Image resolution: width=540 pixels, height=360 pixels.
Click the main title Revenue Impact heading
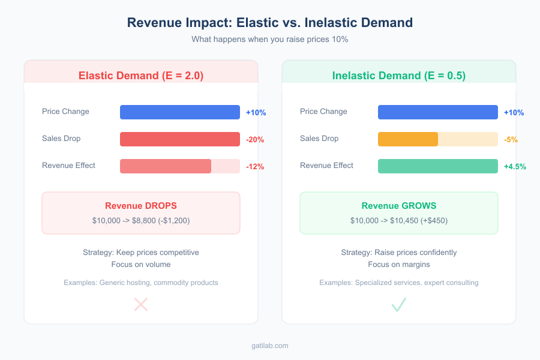point(270,23)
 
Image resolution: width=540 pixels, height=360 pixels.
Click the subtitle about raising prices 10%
point(270,39)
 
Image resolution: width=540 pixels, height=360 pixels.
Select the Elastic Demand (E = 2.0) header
point(141,76)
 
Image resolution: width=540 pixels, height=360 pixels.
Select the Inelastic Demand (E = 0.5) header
point(399,76)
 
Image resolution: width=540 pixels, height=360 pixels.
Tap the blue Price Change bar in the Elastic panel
point(180,112)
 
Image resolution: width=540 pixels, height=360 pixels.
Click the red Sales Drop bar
point(180,139)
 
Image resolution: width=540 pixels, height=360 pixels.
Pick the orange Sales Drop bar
point(408,139)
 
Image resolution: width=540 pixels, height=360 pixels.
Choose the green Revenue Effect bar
point(438,166)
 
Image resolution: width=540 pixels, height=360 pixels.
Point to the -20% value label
point(255,140)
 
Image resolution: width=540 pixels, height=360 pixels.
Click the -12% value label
point(255,167)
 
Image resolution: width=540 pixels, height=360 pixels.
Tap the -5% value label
point(511,140)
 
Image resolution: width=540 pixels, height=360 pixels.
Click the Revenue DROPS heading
point(141,206)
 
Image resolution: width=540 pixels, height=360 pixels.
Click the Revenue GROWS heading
point(399,206)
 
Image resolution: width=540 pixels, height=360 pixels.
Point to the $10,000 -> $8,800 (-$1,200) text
point(141,221)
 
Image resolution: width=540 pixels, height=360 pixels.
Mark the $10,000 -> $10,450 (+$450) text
point(399,221)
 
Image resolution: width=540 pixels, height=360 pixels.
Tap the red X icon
point(141,305)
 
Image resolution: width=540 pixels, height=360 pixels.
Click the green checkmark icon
point(399,305)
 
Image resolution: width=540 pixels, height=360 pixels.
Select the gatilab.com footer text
point(270,346)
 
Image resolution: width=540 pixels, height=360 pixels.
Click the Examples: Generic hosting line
point(141,283)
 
